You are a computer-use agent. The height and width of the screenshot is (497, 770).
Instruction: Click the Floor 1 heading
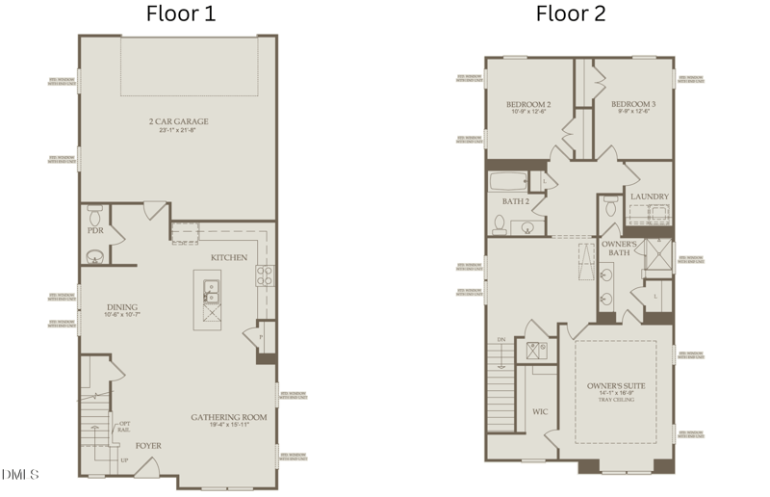(x=180, y=13)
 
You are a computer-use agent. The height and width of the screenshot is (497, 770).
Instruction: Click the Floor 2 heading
(x=570, y=13)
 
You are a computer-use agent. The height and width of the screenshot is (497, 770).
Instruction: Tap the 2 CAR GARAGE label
(x=178, y=121)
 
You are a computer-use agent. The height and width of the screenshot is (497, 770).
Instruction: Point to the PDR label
(x=94, y=231)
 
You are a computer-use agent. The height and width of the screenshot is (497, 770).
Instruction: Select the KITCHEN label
(x=229, y=257)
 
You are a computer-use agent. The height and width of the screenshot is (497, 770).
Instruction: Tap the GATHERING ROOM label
(x=228, y=417)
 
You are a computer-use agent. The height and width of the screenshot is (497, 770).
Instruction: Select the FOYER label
(x=147, y=446)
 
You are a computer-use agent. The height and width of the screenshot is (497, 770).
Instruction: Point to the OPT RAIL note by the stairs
(x=124, y=428)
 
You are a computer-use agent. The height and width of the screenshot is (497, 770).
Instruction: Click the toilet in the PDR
(x=94, y=210)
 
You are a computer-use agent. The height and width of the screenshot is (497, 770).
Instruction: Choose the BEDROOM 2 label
(x=528, y=104)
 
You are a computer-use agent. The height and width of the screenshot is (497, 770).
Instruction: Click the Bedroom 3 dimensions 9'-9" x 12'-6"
(x=632, y=113)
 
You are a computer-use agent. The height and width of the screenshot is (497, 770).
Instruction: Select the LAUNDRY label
(x=649, y=196)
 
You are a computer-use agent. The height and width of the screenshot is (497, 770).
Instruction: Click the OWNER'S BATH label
(x=618, y=248)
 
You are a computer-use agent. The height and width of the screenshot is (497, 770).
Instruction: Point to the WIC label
(x=540, y=411)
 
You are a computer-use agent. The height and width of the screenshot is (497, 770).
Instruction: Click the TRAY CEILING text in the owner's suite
(x=616, y=401)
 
